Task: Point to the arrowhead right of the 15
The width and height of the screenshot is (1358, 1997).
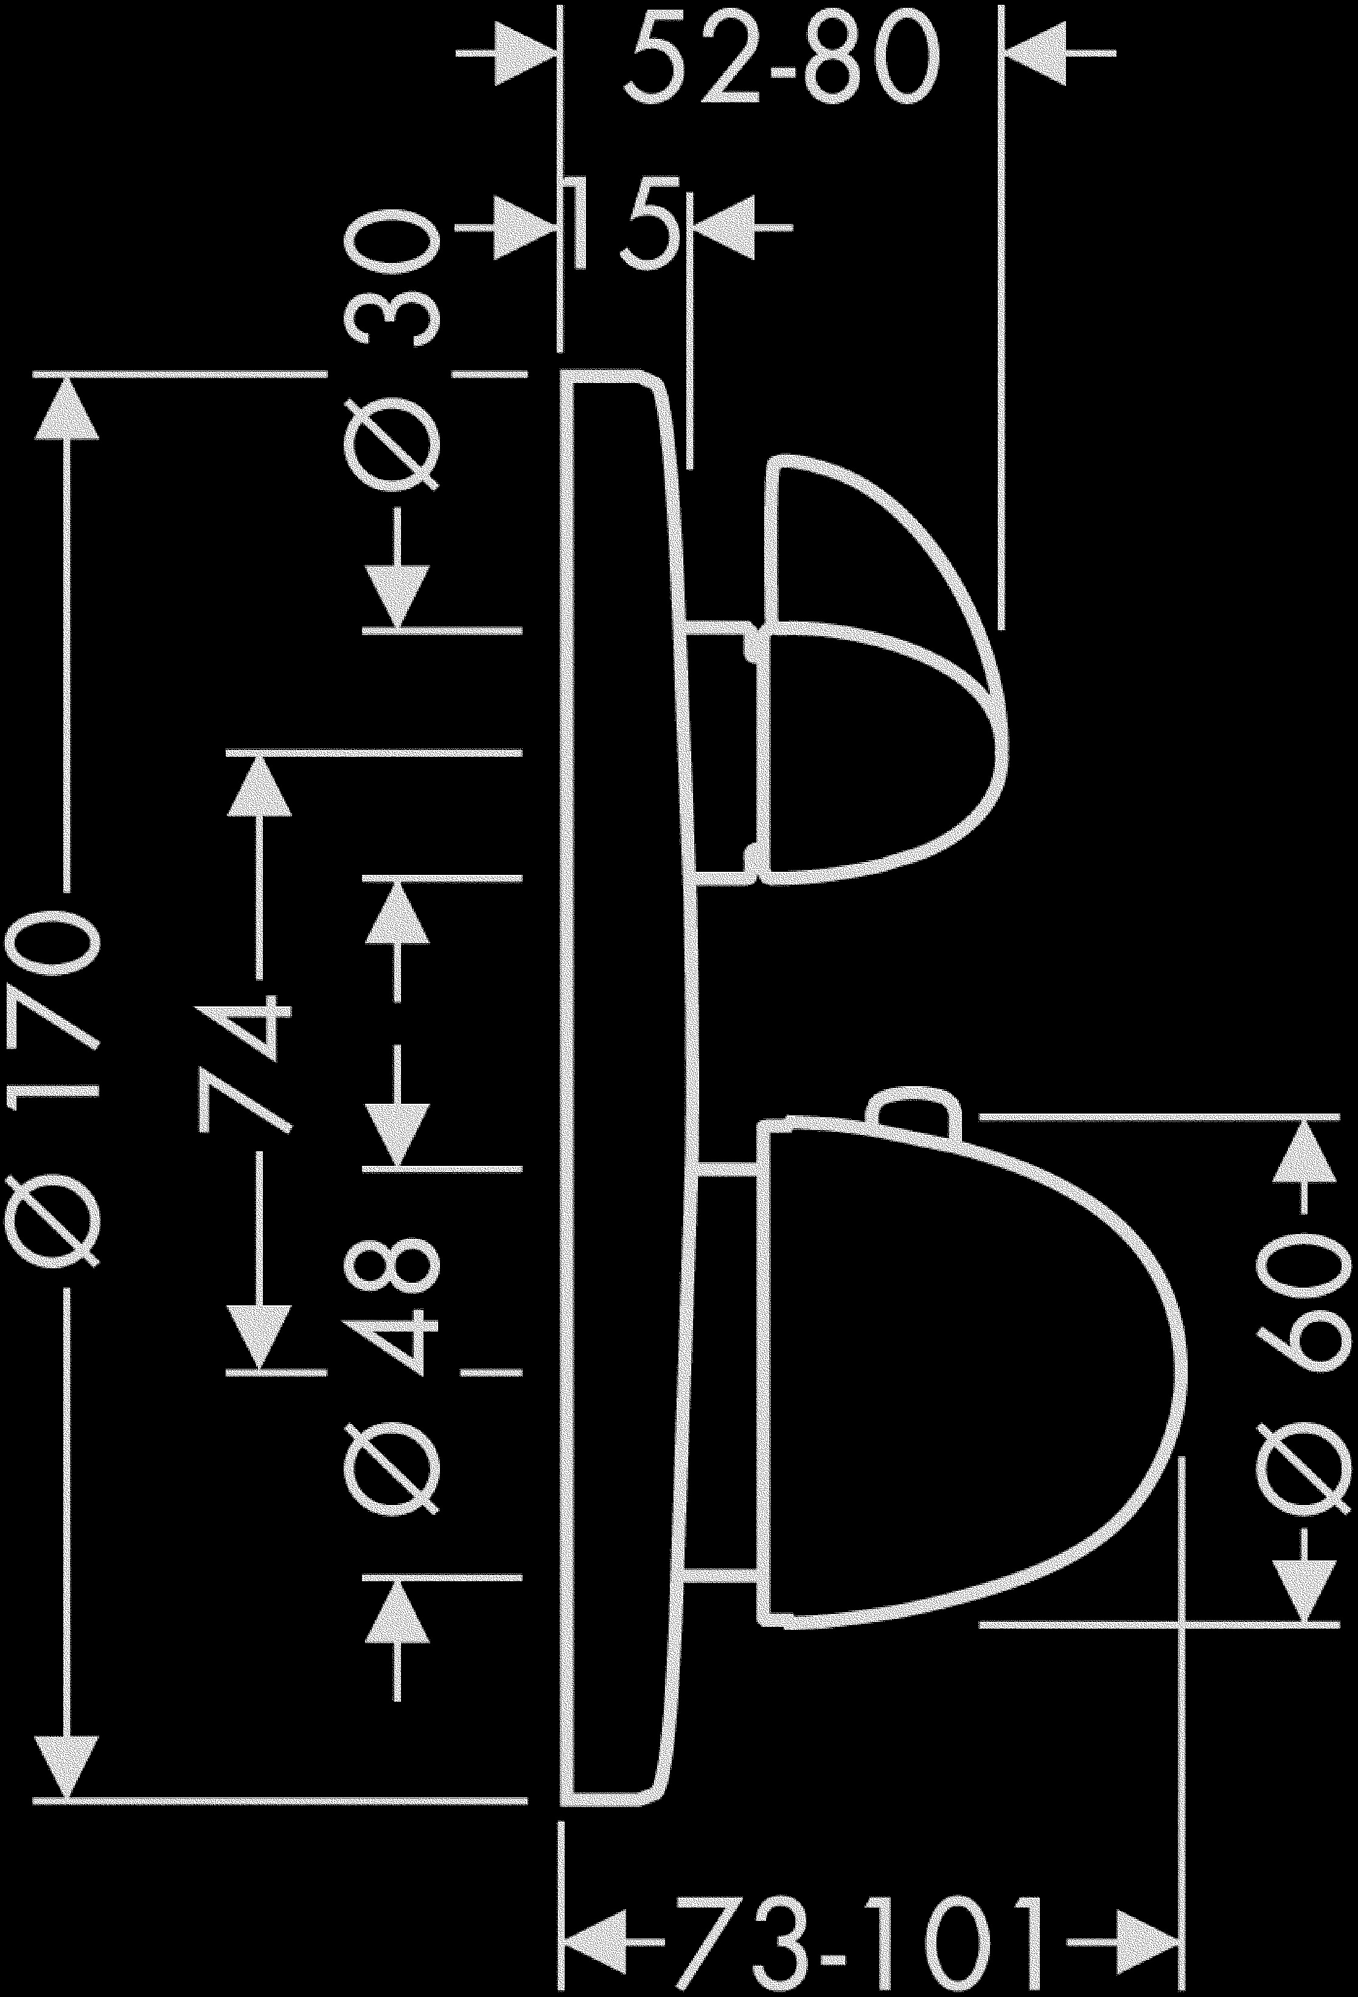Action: pos(723,228)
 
